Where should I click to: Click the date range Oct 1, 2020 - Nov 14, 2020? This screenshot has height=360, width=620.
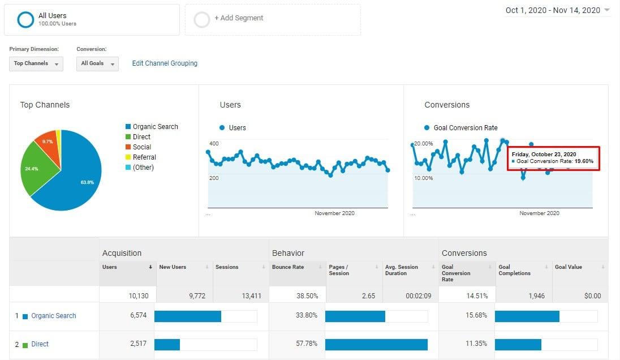coord(552,10)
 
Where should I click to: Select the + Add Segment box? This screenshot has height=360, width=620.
coord(239,18)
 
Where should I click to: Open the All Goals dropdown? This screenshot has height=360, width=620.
coord(97,63)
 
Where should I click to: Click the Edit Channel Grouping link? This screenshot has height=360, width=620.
coord(165,63)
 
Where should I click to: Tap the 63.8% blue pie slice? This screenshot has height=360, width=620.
coord(79,175)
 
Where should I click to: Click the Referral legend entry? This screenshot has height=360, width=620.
coord(144,157)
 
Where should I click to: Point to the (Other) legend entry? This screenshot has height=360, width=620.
coord(143,168)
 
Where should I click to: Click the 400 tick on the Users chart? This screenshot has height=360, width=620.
coord(214,144)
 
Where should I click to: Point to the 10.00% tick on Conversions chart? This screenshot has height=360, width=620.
coord(423,178)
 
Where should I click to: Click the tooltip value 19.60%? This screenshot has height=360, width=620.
coord(584,161)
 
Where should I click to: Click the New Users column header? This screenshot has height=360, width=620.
coord(173,267)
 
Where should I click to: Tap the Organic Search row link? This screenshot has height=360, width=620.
coord(53,316)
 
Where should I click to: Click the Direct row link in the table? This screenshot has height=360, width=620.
coord(40,344)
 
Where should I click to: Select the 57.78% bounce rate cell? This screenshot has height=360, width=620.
coord(306,344)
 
